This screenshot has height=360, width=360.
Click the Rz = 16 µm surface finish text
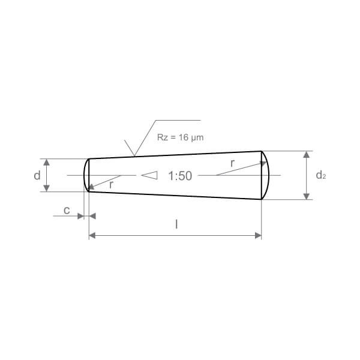point(180,137)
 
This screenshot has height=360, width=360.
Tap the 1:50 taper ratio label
point(180,176)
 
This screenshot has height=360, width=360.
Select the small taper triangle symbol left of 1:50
point(149,175)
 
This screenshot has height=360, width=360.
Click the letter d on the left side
point(37,176)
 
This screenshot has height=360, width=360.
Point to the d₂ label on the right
point(321,175)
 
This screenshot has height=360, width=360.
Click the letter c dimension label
point(67,211)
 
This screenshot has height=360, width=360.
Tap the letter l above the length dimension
point(176,224)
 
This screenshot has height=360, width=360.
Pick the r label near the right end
point(233,163)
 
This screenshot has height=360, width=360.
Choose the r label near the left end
point(111,185)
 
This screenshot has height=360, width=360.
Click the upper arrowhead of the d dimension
point(47,163)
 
